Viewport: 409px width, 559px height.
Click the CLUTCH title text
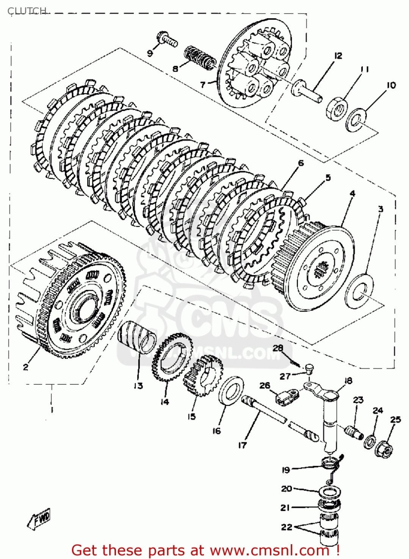pyautogui.click(x=27, y=10)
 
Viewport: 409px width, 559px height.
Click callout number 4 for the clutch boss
pyautogui.click(x=353, y=194)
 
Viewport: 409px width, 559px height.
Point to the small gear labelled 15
pyautogui.click(x=203, y=375)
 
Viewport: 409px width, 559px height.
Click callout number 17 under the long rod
pyautogui.click(x=243, y=445)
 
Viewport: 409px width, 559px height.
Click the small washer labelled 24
pyautogui.click(x=370, y=442)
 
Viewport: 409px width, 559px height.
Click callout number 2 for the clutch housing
pyautogui.click(x=25, y=367)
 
